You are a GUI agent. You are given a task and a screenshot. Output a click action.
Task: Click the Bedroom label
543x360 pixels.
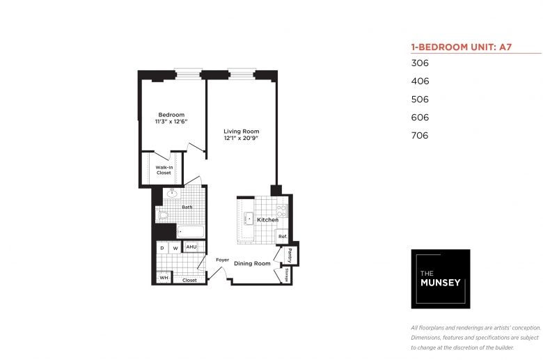point(171,115)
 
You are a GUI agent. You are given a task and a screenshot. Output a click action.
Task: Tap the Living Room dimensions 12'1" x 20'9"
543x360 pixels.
point(242,138)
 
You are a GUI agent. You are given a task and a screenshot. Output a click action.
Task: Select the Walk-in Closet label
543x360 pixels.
point(164,170)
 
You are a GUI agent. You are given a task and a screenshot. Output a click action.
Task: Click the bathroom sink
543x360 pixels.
point(172,194)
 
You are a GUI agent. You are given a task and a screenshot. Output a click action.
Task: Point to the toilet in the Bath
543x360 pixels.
point(162,215)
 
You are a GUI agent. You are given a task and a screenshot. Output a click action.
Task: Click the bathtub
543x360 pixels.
point(191,231)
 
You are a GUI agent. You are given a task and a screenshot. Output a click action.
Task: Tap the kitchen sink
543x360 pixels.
point(249,219)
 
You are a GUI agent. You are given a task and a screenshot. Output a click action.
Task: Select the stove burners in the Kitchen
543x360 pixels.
point(281,211)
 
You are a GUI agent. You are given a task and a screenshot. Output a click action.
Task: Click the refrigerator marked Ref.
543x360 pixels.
point(283,236)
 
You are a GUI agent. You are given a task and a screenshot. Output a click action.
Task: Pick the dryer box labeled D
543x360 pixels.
point(162,248)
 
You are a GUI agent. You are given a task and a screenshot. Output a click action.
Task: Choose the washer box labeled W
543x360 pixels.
point(175,248)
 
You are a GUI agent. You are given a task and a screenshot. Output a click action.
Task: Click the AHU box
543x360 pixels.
point(191,246)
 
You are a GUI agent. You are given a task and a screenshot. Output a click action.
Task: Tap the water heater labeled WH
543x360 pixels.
point(164,278)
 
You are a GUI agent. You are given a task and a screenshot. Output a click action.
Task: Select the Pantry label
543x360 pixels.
point(290,256)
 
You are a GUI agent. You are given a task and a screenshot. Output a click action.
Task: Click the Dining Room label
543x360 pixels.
point(252,263)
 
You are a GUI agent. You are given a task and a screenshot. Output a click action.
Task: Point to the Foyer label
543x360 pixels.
point(222,260)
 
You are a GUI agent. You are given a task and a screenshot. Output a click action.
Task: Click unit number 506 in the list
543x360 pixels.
point(420,100)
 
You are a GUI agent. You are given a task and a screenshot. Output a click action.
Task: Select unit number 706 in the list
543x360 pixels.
point(420,136)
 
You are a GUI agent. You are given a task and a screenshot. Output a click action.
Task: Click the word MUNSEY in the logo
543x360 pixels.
point(440,283)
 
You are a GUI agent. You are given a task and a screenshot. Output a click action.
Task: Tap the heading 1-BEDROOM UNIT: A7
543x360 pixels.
point(462,47)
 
